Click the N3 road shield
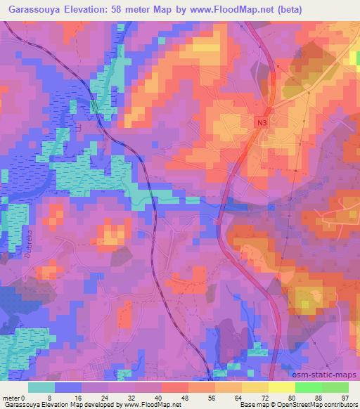click(x=262, y=122)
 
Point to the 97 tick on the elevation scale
click(x=345, y=398)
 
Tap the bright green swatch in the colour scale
click(x=321, y=387)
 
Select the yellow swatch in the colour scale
click(x=255, y=387)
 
